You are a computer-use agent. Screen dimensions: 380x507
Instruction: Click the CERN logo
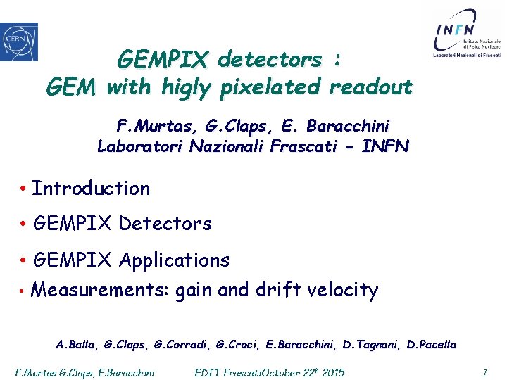(19, 42)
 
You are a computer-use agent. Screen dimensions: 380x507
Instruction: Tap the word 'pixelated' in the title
(270, 87)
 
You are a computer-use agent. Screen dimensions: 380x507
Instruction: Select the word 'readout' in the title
(370, 87)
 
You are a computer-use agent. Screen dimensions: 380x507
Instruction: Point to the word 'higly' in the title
(187, 88)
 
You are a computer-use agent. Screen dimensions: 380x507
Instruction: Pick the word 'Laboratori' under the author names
(135, 146)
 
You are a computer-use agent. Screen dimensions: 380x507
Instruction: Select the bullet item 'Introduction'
(91, 189)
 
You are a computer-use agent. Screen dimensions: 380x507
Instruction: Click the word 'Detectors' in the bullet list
(165, 224)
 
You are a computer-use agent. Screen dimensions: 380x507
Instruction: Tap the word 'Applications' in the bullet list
(174, 260)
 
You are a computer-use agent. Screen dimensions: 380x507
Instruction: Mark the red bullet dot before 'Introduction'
(23, 189)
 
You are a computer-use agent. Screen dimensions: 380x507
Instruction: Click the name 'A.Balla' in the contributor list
(77, 345)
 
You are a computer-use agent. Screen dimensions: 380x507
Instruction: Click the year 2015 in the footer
(331, 372)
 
